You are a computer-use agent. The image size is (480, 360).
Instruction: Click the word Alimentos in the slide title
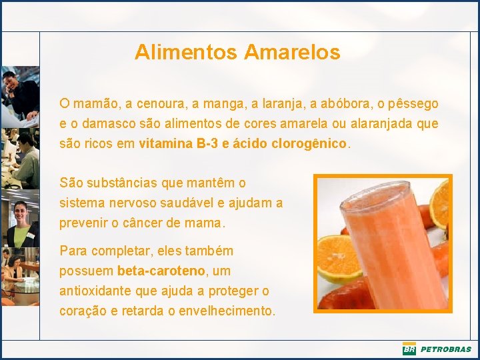(187, 52)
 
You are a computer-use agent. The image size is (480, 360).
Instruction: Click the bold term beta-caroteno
(162, 271)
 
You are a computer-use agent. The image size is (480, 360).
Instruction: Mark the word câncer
(144, 223)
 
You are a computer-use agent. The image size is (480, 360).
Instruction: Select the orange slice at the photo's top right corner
(440, 203)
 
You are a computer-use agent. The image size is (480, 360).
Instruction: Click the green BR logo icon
(409, 349)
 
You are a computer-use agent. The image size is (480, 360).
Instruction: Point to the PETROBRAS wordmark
(445, 349)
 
